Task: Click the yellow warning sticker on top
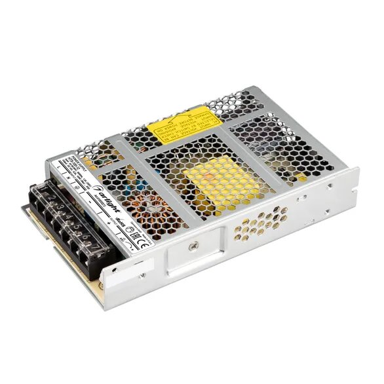tap(178, 130)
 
